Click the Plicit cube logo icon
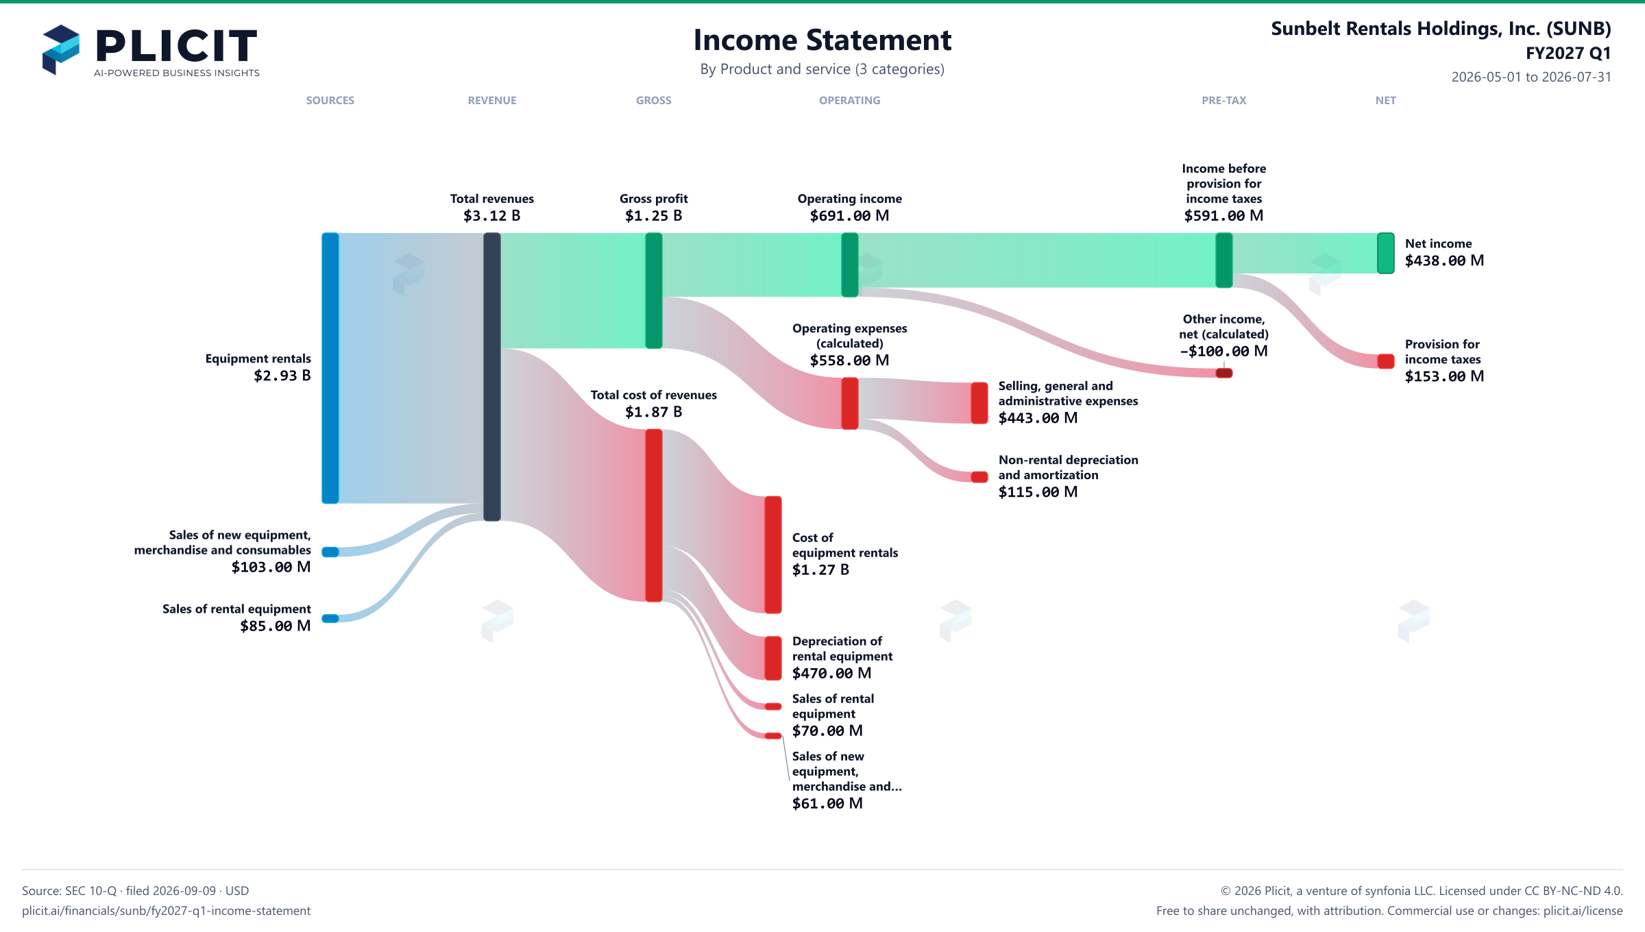point(61,49)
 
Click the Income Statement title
point(822,40)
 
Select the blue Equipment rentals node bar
point(330,368)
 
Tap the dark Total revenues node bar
point(492,377)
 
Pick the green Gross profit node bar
point(654,291)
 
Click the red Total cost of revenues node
point(654,515)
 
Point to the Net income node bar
point(1386,253)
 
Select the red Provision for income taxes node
point(1386,361)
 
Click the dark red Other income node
point(1224,373)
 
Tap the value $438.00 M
point(1444,261)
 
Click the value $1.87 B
point(654,412)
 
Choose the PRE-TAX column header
point(1224,101)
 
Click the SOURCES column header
point(330,101)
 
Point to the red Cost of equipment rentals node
point(773,554)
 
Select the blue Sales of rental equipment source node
point(330,619)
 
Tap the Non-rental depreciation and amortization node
point(979,477)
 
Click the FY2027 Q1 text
point(1568,53)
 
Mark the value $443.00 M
point(1038,418)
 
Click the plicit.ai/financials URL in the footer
point(167,911)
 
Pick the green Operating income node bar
point(850,265)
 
